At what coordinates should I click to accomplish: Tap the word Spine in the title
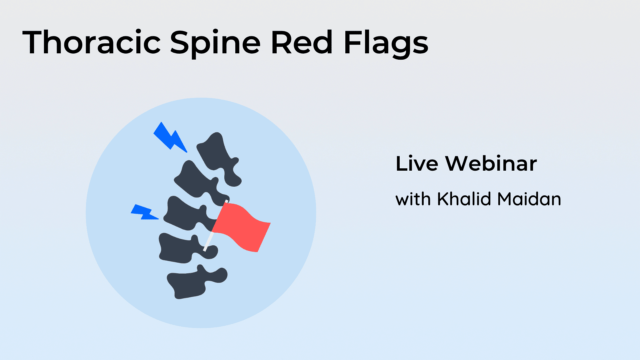click(215, 44)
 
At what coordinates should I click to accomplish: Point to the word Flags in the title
click(386, 44)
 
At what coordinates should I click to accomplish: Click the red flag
click(242, 227)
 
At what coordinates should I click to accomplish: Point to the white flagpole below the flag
click(208, 242)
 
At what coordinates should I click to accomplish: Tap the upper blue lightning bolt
click(169, 137)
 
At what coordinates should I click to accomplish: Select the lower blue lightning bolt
click(144, 212)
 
